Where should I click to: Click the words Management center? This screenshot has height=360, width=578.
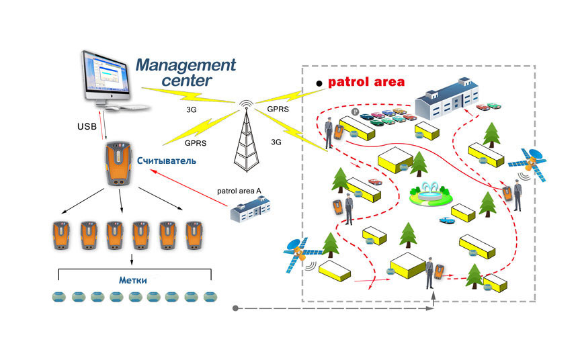185,73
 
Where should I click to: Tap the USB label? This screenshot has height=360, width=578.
87,126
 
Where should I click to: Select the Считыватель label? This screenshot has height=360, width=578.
167,161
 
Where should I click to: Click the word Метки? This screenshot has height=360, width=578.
132,280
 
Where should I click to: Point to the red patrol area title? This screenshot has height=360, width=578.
366,82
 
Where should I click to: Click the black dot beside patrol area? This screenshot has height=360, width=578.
319,84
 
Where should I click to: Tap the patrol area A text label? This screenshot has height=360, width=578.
239,191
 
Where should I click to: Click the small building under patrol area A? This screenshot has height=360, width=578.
250,209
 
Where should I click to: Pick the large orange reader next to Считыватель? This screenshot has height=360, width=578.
118,163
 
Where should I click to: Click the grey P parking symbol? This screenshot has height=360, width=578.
355,112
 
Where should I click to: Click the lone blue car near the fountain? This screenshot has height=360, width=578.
447,220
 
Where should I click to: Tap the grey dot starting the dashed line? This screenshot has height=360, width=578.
235,308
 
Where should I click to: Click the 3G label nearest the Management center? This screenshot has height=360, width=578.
192,109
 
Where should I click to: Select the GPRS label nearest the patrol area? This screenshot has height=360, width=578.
278,109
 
